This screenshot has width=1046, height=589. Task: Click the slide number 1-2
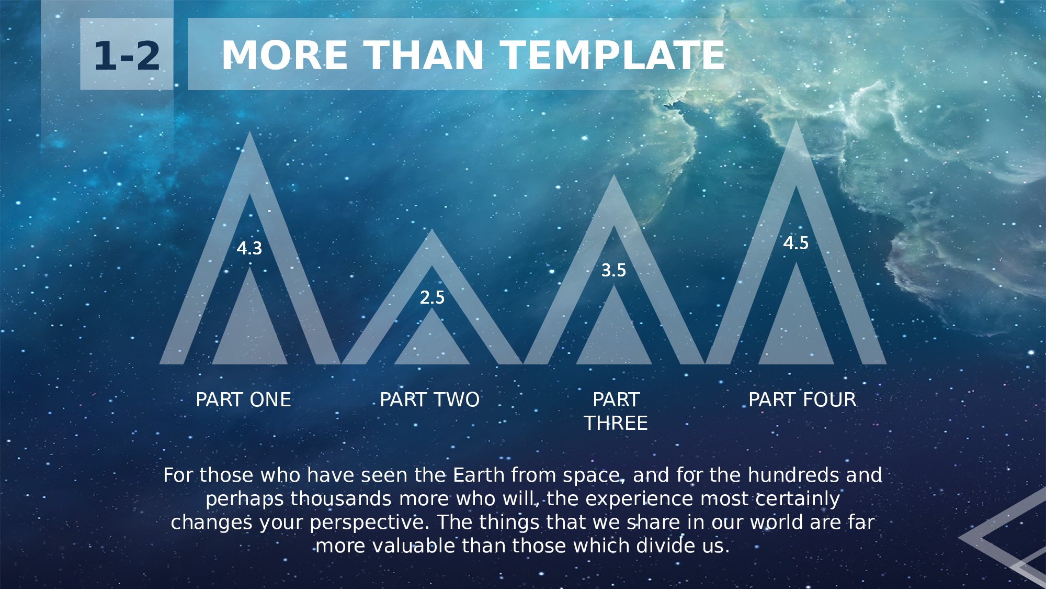coord(127,55)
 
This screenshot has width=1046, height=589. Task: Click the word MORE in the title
coord(285,55)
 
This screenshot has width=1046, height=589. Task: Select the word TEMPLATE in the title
coord(613,55)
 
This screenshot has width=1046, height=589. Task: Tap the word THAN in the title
coord(424,55)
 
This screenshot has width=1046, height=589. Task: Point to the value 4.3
coord(249,248)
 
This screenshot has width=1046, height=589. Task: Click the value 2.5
coord(432,297)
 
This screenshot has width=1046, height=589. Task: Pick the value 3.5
coord(613,270)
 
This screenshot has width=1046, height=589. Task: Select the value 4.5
coord(796,243)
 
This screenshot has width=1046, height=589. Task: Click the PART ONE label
coord(243,399)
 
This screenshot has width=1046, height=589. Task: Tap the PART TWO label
coord(430,399)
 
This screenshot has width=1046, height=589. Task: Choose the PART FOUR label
coord(802,399)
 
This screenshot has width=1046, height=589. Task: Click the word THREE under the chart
coord(616,423)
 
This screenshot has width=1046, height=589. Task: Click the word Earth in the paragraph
coord(479,475)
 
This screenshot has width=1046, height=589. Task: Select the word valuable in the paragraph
coord(414,546)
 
